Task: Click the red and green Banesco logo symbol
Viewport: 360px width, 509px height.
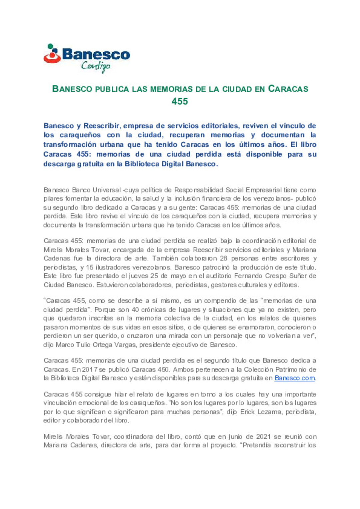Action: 52,54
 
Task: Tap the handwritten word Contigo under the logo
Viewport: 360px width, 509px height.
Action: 96,66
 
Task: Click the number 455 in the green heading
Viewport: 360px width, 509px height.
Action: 180,101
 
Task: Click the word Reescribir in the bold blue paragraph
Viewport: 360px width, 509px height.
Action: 102,126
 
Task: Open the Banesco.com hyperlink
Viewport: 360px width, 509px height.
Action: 294,378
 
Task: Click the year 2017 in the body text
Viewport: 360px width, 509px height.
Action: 89,369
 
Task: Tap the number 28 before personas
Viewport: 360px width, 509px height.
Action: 224,258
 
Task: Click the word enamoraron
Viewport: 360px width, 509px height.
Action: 258,327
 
